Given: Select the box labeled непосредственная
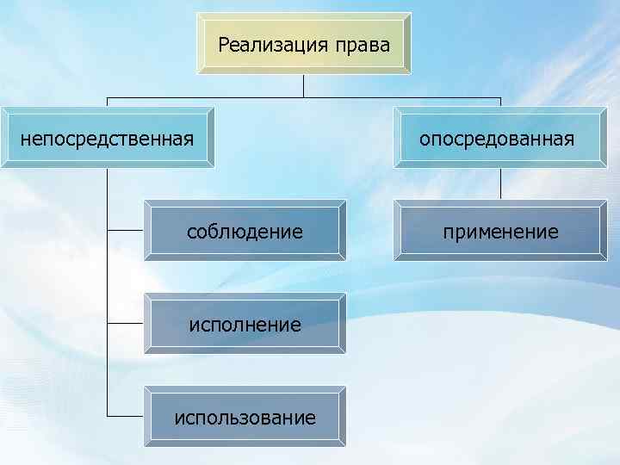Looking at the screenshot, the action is point(107,138).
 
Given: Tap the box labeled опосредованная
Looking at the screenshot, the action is point(500,138).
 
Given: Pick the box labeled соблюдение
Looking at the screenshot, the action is point(245,231).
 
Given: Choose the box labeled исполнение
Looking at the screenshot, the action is point(245,325).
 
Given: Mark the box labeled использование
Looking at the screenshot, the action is point(245,418).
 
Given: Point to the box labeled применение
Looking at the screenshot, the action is point(500,231).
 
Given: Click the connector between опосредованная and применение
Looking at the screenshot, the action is point(500,183).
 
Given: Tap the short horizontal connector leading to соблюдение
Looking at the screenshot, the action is point(126,231).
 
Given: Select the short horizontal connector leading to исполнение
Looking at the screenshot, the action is point(126,325).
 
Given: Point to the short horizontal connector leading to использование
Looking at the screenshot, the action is point(126,418).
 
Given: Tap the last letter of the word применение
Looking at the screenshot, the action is point(553,232).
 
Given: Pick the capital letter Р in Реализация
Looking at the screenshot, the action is point(225,44).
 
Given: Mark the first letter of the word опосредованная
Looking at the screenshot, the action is point(425,139).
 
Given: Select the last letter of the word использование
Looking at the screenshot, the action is point(311,419).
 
